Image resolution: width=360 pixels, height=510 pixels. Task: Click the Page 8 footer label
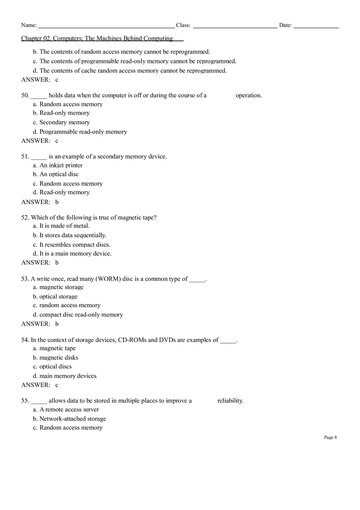coord(330,437)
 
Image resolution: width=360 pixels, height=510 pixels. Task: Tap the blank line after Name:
coord(106,26)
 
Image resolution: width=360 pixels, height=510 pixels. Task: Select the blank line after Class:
coord(235,26)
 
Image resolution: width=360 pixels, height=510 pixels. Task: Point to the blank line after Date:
coord(316,26)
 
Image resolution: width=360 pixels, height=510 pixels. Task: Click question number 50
coord(25,95)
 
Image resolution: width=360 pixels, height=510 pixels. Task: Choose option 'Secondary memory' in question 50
coord(64,122)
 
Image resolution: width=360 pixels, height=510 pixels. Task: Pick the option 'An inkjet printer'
coord(61,165)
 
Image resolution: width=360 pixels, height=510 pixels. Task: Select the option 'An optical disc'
coord(59,174)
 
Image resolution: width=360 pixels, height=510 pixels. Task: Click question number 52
coord(25,218)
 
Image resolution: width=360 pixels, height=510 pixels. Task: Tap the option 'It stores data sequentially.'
coord(73,235)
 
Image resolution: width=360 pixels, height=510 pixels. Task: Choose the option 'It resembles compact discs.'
coord(75,245)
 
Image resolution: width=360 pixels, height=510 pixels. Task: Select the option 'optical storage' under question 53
coord(58,297)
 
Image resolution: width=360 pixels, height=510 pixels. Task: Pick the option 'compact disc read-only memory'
coord(81,315)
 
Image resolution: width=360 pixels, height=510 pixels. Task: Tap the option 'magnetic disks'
coord(59,357)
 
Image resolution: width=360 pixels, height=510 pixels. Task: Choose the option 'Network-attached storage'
coord(72,419)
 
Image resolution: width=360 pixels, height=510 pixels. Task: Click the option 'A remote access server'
coord(69,409)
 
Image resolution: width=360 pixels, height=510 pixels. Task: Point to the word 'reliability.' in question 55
coord(230,400)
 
